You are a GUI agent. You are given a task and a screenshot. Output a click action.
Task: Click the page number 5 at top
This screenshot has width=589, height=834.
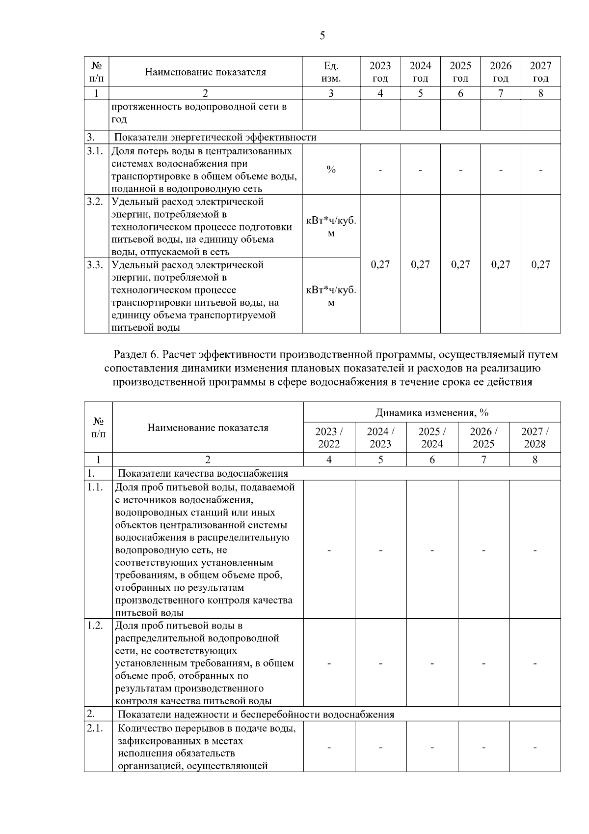(322, 35)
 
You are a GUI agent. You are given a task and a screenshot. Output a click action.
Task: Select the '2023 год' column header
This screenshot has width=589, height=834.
(380, 72)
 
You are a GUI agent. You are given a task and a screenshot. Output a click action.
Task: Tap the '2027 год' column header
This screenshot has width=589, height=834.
(540, 72)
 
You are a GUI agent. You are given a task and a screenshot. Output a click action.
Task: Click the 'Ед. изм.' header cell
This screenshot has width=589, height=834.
(331, 72)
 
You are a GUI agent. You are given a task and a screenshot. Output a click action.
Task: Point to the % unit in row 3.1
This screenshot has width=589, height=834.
(331, 170)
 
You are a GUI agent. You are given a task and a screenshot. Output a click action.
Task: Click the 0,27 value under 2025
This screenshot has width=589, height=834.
(460, 264)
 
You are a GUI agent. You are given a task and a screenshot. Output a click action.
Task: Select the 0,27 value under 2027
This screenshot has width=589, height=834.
(540, 264)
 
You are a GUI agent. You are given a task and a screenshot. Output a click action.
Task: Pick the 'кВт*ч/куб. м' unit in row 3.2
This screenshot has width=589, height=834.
(331, 227)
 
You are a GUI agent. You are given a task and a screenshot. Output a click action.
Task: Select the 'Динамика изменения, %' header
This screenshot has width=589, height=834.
(432, 412)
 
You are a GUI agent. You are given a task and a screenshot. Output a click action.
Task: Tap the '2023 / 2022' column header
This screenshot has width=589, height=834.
(329, 438)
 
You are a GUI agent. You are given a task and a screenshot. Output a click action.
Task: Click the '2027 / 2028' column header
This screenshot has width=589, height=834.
(535, 438)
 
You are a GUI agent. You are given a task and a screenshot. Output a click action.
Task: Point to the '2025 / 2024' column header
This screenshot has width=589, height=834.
(432, 438)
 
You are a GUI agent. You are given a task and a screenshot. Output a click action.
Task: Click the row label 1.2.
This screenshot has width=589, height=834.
(95, 626)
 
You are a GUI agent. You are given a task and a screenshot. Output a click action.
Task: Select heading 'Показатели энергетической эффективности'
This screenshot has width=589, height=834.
(215, 137)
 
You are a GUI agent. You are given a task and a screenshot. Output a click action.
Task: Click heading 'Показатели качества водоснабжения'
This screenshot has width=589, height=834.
(203, 474)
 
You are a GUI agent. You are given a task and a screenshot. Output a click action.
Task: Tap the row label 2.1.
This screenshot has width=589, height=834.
(95, 728)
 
